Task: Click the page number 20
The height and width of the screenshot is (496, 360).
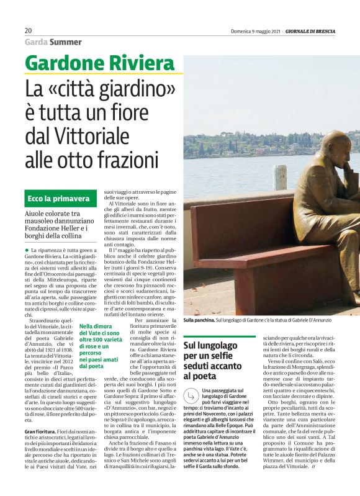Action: point(29,30)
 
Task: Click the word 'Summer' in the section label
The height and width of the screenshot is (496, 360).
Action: point(66,42)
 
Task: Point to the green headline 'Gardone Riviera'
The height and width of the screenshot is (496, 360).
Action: point(99,63)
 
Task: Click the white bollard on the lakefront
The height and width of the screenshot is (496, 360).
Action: point(280,178)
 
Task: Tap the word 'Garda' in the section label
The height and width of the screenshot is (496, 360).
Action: point(36,42)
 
